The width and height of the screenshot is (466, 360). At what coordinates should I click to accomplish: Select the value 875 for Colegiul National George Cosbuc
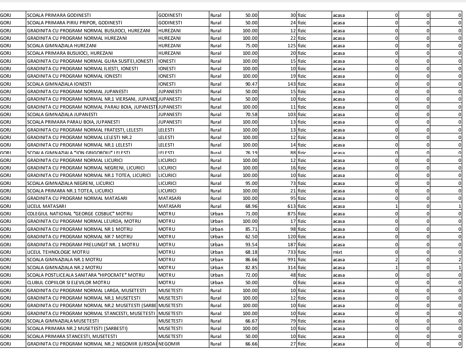(x=291, y=213)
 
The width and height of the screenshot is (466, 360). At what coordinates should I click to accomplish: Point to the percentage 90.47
(x=251, y=84)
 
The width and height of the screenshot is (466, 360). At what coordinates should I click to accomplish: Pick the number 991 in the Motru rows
(x=291, y=259)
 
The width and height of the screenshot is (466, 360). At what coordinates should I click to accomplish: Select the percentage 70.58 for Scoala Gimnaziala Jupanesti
(x=251, y=114)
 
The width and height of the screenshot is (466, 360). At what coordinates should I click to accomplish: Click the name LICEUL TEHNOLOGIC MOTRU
(x=55, y=252)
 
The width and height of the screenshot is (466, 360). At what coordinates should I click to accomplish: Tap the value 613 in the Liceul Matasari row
(x=291, y=206)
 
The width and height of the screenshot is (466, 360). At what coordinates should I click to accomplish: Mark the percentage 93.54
(x=251, y=244)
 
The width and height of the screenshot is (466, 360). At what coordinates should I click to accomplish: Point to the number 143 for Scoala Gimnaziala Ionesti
(x=291, y=84)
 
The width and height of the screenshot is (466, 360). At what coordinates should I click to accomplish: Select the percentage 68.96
(x=251, y=206)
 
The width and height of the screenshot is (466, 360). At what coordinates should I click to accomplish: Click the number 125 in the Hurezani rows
(x=291, y=45)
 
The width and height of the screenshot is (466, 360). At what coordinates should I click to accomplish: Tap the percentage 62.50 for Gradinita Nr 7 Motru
(x=251, y=236)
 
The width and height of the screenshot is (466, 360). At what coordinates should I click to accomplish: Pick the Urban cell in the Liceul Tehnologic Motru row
(x=217, y=252)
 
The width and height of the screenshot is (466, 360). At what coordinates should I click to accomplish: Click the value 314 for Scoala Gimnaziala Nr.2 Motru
(x=291, y=267)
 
